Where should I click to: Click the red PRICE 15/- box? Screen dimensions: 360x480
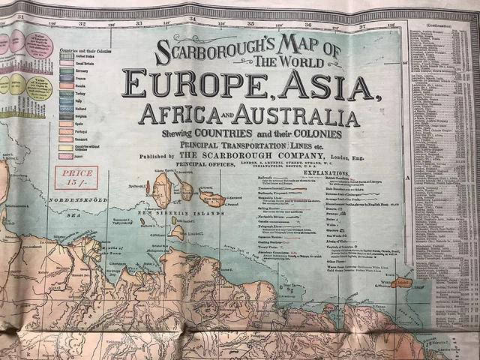[73, 178]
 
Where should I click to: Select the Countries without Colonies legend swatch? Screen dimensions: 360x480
[67, 148]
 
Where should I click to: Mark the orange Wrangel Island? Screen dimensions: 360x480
[401, 282]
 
